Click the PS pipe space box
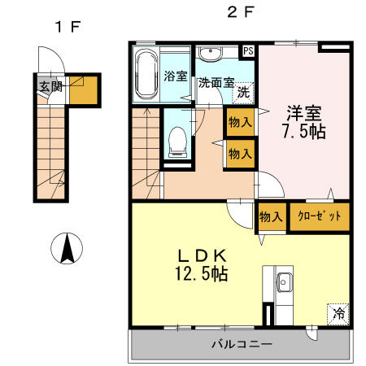click(x=248, y=51)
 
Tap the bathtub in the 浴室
click(x=146, y=74)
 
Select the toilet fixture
click(x=177, y=142)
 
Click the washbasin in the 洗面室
click(x=210, y=53)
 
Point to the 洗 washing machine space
click(x=243, y=93)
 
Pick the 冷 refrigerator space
click(x=338, y=314)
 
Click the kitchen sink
click(x=284, y=282)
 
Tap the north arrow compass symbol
click(x=67, y=248)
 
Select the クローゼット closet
click(x=320, y=216)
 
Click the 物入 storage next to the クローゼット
click(x=271, y=217)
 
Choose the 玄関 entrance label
click(x=51, y=86)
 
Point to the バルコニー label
click(x=242, y=344)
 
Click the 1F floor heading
click(x=68, y=27)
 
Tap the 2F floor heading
click(x=241, y=12)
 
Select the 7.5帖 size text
click(x=304, y=132)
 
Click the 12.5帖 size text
click(x=202, y=273)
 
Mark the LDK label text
click(x=202, y=255)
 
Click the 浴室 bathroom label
click(x=176, y=76)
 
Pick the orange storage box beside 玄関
click(x=84, y=90)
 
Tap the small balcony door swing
click(x=312, y=333)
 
